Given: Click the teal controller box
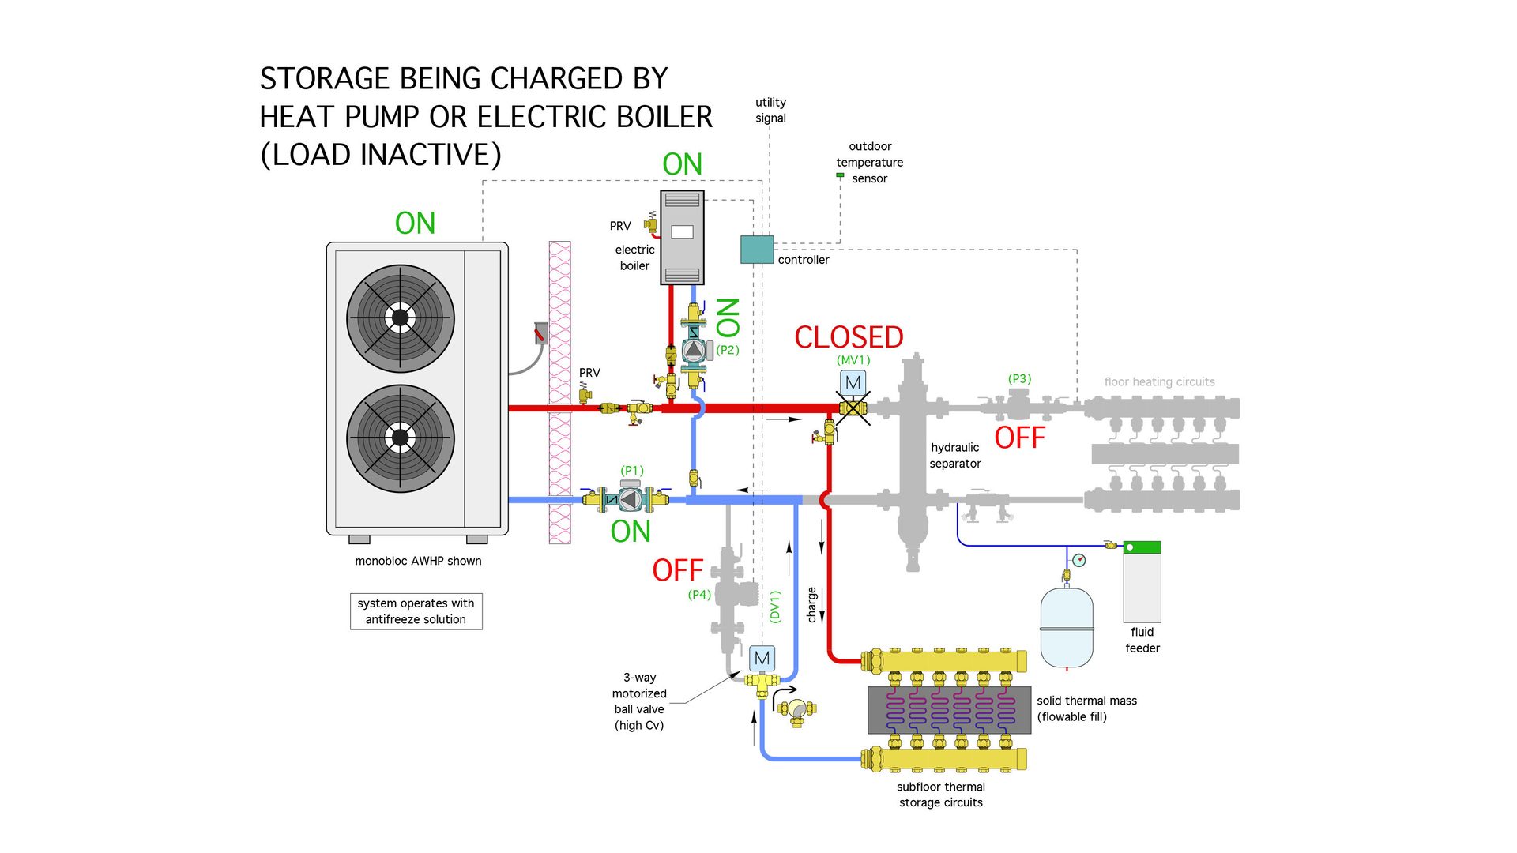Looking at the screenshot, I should click(x=756, y=250).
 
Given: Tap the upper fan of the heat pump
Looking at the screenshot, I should click(x=401, y=318).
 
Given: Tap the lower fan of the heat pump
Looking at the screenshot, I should click(x=401, y=438).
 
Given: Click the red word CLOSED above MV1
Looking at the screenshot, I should click(x=849, y=337).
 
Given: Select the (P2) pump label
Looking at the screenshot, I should click(x=728, y=350).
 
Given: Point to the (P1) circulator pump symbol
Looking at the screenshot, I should click(x=630, y=499).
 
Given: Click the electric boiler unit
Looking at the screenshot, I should click(x=682, y=237).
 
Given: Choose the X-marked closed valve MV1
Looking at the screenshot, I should click(x=853, y=408).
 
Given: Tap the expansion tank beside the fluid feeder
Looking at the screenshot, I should click(x=1067, y=628).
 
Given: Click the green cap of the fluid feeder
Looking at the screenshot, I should click(x=1142, y=547).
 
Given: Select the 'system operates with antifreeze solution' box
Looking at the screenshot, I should click(x=416, y=611).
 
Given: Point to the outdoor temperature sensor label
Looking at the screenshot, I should click(x=869, y=163).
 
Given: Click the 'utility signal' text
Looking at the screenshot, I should click(x=770, y=110).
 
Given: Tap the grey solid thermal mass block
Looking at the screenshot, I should click(x=949, y=709).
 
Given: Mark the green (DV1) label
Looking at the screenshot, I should click(x=775, y=607).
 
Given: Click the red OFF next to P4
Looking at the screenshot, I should click(x=677, y=570).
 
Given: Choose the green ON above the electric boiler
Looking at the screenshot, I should click(x=682, y=164).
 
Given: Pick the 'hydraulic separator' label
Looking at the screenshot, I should click(x=955, y=456).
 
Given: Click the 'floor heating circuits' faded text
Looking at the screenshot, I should click(x=1159, y=382).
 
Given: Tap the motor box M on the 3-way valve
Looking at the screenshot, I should click(x=762, y=658).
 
